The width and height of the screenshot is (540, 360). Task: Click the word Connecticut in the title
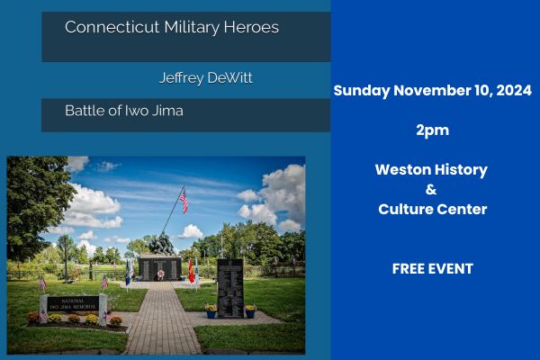tap(112, 27)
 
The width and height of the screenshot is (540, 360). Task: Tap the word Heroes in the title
tap(251, 27)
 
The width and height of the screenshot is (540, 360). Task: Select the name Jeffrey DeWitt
tap(206, 78)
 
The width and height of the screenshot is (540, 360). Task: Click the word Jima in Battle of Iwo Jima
tap(167, 111)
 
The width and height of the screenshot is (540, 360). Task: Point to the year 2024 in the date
tap(514, 91)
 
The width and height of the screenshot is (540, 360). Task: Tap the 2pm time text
tap(433, 130)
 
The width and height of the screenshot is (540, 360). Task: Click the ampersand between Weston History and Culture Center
tap(431, 190)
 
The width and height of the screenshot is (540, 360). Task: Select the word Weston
tap(402, 170)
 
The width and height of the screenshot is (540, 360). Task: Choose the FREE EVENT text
tap(433, 269)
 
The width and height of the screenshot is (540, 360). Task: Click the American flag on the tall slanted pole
tap(184, 200)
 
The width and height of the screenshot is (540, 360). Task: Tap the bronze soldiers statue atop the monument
tap(161, 244)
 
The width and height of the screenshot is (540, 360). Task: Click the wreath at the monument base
tap(160, 274)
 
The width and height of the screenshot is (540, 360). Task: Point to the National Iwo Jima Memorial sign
tap(73, 304)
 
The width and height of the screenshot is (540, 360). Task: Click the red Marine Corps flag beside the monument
tap(191, 272)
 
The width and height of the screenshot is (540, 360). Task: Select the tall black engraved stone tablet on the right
tap(230, 289)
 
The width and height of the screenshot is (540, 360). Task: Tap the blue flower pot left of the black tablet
tap(211, 313)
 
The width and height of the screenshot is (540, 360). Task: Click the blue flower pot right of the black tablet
tap(250, 313)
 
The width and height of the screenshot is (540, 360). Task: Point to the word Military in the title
tap(192, 28)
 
